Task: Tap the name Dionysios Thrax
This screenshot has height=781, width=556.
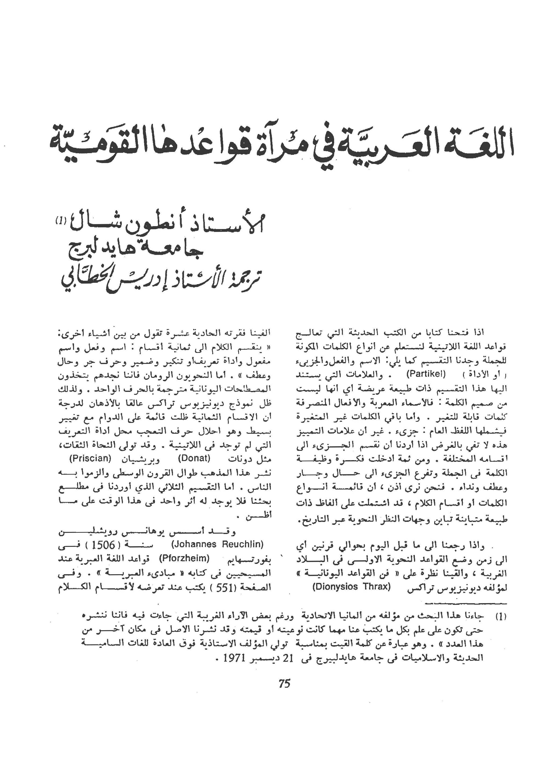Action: pos(352,587)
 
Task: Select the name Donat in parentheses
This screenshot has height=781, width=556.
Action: pos(194,459)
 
